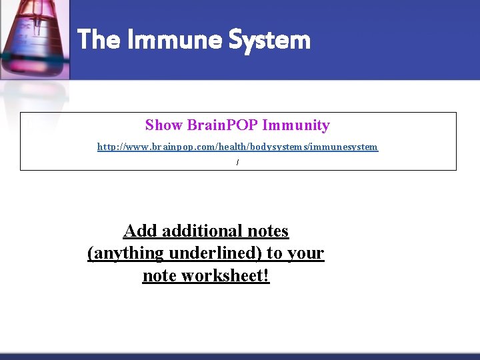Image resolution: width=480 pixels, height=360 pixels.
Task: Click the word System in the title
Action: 269,40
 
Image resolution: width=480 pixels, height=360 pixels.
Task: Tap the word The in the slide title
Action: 98,40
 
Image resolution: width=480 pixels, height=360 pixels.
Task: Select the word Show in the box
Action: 164,125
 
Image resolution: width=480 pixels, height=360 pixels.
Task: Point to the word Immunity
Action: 296,125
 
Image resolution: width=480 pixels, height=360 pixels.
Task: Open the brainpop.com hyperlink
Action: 237,147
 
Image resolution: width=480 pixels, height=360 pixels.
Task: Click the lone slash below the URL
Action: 237,163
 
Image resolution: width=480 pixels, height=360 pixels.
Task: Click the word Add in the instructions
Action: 139,231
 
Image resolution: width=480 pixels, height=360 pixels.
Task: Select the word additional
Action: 201,231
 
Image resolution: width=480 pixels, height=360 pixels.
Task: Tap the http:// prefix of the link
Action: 109,147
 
